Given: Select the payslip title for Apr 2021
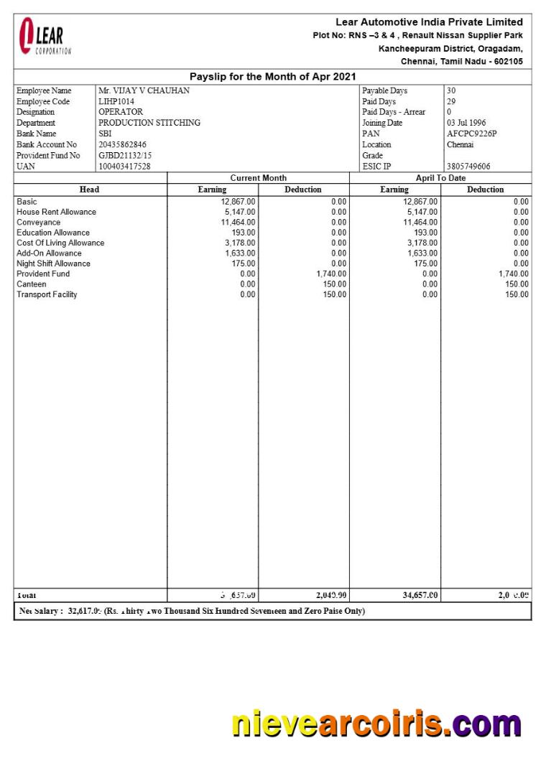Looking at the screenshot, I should (x=272, y=77).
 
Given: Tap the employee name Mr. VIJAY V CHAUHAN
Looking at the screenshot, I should (x=144, y=91).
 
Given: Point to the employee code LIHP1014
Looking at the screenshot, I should (x=116, y=102).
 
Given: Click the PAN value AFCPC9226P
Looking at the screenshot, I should (x=471, y=134).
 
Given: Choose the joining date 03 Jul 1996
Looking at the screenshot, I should (x=466, y=123).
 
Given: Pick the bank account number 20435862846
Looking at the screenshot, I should (x=122, y=144).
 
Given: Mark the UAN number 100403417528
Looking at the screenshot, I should (x=124, y=167).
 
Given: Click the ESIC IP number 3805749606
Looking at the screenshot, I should (x=468, y=167).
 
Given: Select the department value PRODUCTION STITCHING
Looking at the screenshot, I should (x=149, y=123).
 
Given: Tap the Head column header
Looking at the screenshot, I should (x=89, y=190).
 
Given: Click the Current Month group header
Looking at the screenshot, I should (x=258, y=178).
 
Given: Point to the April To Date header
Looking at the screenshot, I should (x=440, y=178).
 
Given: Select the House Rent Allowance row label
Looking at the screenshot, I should (x=56, y=212).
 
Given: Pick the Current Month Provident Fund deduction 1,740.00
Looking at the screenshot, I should (x=331, y=274).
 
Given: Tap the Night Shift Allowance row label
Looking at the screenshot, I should (x=53, y=263).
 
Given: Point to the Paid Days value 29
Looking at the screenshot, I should (x=451, y=102).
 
